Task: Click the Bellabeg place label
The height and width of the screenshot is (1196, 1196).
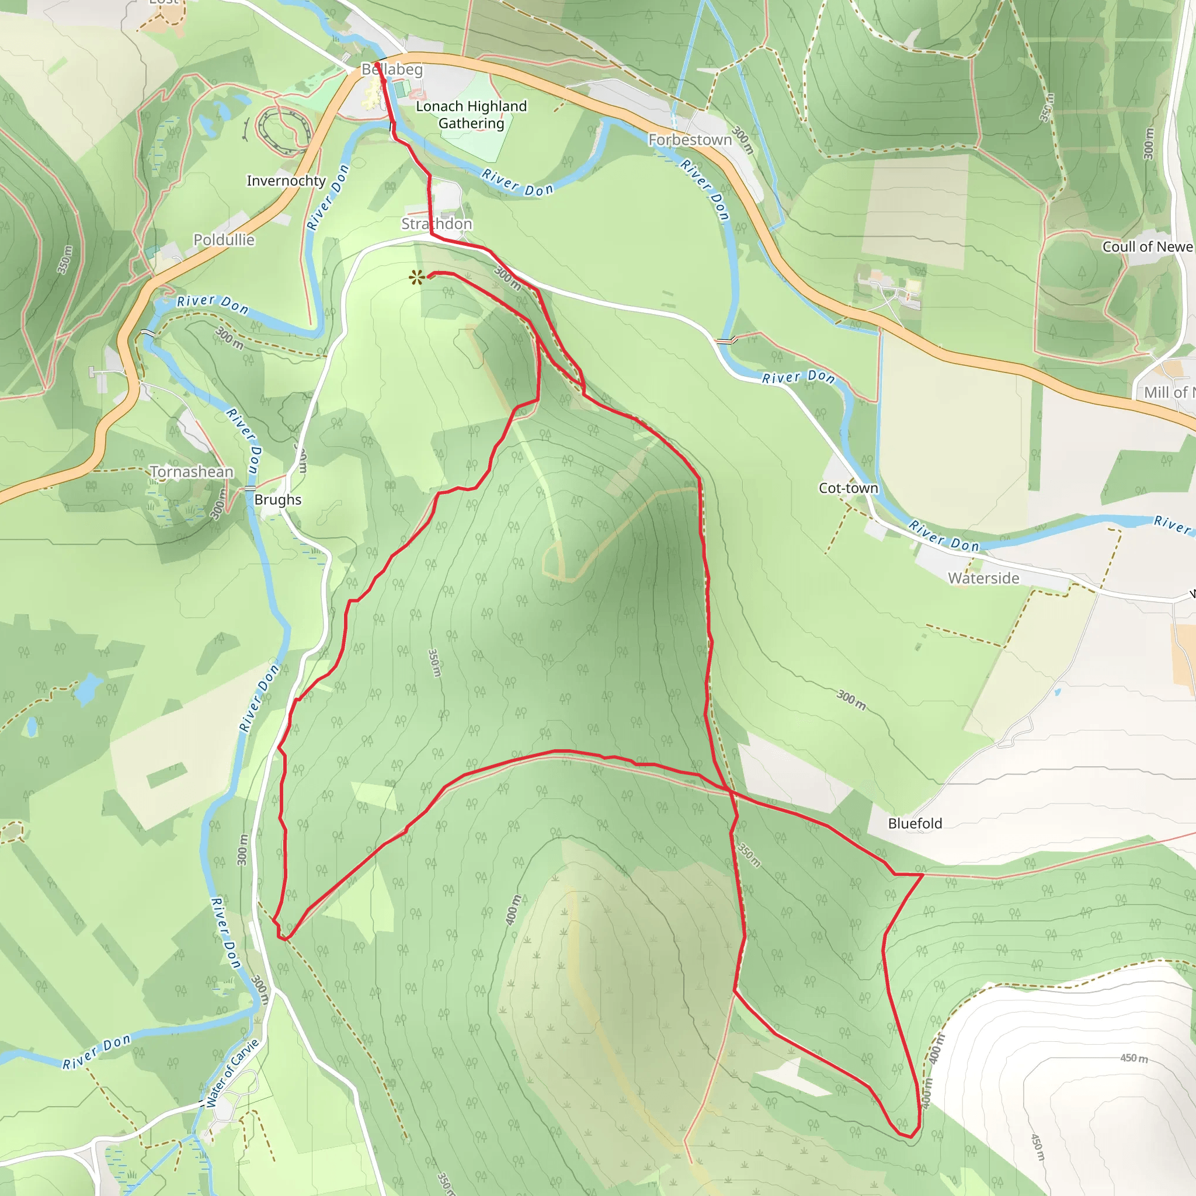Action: click(392, 69)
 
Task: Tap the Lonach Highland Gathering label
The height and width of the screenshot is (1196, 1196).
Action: click(471, 114)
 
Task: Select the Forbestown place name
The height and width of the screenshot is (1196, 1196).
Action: click(690, 140)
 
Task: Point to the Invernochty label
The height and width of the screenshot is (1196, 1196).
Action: click(286, 181)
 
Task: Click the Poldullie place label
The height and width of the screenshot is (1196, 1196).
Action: click(224, 239)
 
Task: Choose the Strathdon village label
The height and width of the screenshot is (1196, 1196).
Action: click(436, 224)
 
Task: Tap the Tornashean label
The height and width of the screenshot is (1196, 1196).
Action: click(192, 472)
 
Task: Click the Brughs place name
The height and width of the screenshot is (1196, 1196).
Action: click(277, 499)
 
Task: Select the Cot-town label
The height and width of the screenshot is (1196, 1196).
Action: click(848, 488)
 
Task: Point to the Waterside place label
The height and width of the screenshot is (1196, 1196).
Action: click(983, 578)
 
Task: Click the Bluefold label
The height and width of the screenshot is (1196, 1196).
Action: click(915, 823)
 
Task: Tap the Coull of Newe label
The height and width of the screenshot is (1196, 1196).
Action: click(1147, 246)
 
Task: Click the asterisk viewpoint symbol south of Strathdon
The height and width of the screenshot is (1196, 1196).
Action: click(416, 278)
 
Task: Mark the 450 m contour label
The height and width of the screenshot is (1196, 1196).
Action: click(1134, 1058)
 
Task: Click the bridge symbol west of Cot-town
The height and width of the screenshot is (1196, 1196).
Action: click(725, 340)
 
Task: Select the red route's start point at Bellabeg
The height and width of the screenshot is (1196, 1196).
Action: click(377, 64)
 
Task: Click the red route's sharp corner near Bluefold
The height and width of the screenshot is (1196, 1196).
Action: click(922, 875)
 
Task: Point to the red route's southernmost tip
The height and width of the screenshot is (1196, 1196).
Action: click(910, 1137)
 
